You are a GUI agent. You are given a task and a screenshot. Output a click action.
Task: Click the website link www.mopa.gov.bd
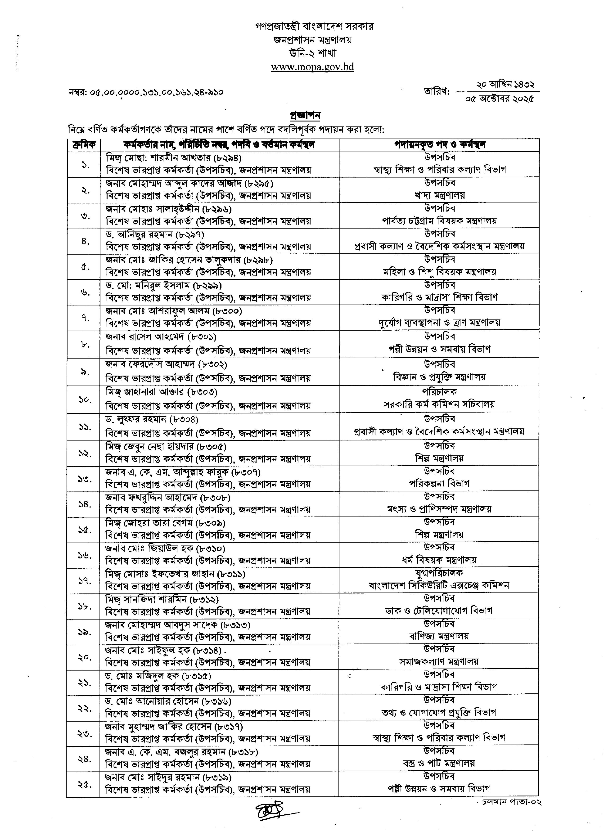click(312, 67)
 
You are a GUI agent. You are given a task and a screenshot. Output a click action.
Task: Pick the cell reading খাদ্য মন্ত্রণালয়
click(439, 195)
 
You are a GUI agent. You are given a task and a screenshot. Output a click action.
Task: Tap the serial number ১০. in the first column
click(85, 399)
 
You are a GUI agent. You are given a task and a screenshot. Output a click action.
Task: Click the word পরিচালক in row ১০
click(439, 392)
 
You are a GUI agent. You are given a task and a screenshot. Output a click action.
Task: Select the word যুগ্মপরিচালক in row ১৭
click(439, 572)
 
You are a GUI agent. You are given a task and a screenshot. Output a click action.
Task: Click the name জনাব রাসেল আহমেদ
click(145, 336)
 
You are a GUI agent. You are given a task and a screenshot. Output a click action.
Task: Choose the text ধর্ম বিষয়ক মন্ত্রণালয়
click(439, 560)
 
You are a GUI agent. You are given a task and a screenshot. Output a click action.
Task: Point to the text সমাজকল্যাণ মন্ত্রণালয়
click(439, 661)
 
